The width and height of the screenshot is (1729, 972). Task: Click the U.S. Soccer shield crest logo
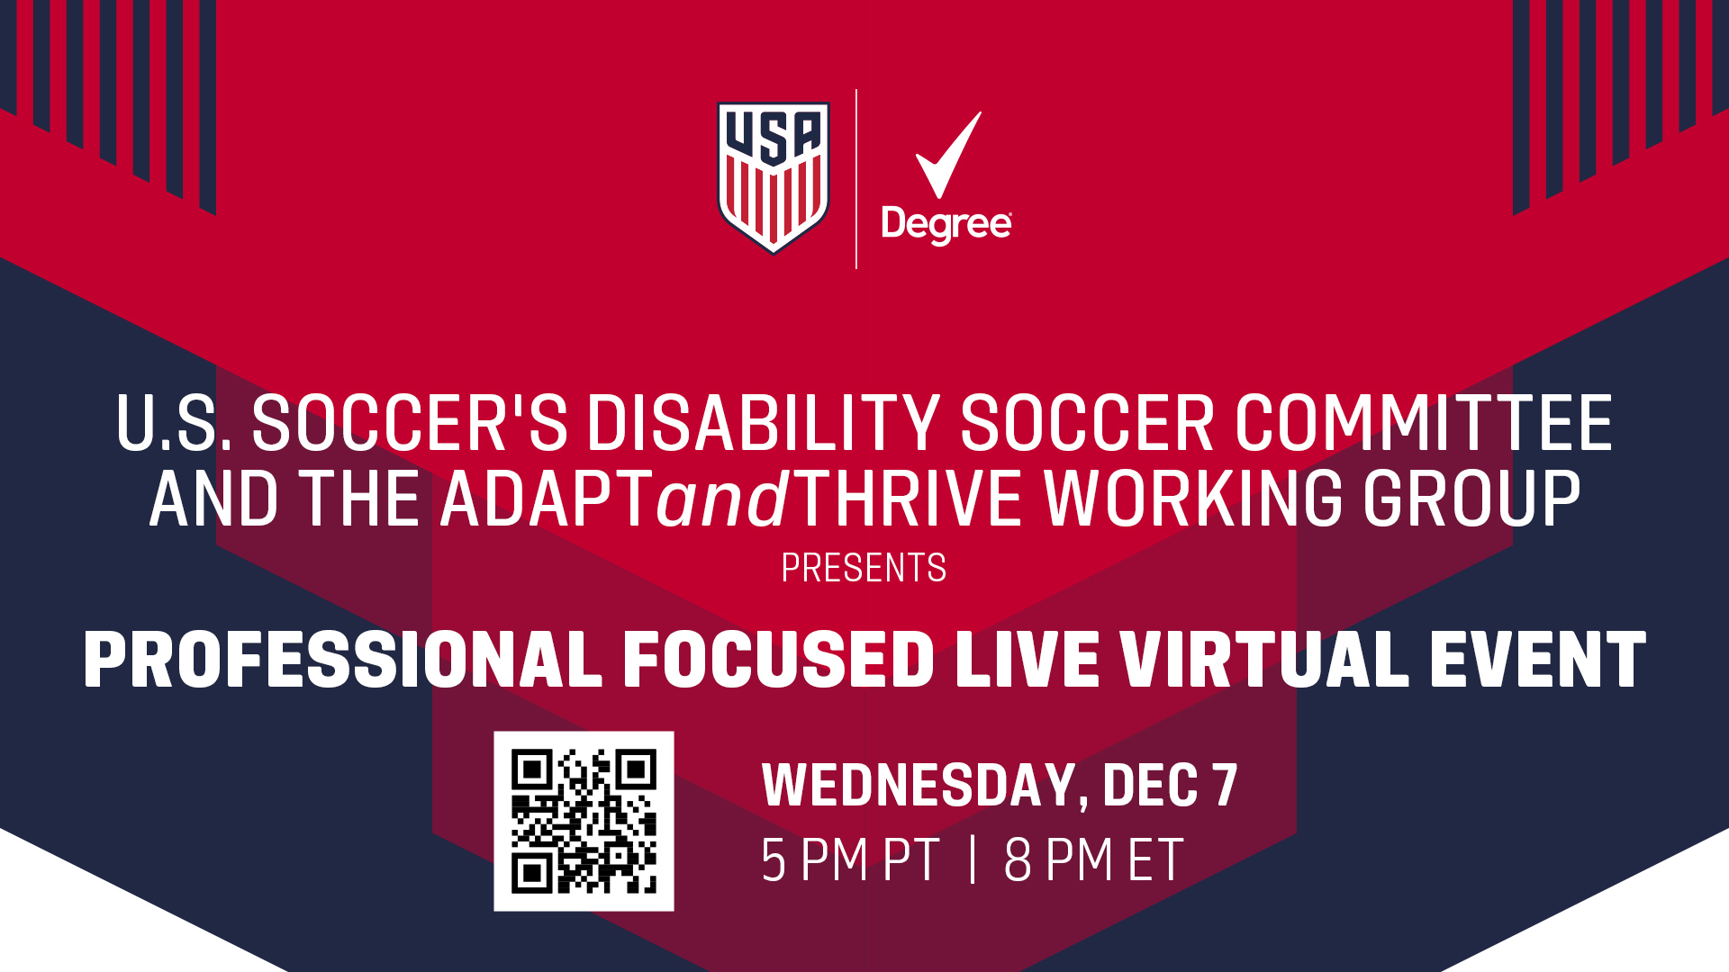coord(773,178)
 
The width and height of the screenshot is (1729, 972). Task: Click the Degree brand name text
coord(946,225)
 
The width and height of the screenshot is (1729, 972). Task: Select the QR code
coord(584,821)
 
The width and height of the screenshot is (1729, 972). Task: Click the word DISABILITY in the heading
coord(765,423)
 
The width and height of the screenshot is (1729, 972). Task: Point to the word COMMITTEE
coord(1423,423)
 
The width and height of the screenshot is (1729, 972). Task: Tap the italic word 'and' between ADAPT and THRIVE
coord(723,499)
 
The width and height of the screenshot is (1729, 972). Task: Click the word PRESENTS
coord(864,568)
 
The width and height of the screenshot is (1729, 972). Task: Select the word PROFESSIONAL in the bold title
coord(343,660)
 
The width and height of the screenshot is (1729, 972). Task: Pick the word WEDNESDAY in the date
coord(919,785)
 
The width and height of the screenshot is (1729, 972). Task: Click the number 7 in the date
coord(1225,785)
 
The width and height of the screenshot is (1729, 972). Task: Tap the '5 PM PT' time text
coord(851,860)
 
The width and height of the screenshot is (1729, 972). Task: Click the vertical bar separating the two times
coord(973,859)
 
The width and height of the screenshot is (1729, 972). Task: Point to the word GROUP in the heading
coord(1471,499)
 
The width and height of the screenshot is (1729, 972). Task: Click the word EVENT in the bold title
coord(1538,660)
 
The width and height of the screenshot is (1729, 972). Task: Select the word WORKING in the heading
coord(1193,499)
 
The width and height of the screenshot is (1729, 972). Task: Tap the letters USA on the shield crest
coord(773,137)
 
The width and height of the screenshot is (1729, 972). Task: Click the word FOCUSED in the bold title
coord(779,660)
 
